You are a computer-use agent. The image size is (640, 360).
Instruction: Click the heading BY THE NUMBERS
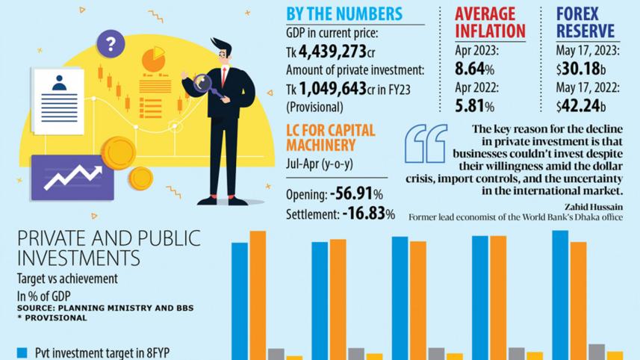(344, 13)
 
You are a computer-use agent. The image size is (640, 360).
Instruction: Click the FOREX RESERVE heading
(585, 22)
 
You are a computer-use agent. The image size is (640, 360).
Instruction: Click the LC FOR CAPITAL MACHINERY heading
(330, 137)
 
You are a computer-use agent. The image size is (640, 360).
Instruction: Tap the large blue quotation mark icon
(426, 143)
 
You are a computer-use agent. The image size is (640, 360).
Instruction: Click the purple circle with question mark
(111, 43)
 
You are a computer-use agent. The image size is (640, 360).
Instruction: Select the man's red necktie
(223, 75)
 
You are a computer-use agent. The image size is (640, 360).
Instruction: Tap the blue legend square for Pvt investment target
(22, 352)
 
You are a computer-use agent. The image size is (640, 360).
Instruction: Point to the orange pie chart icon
(153, 59)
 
